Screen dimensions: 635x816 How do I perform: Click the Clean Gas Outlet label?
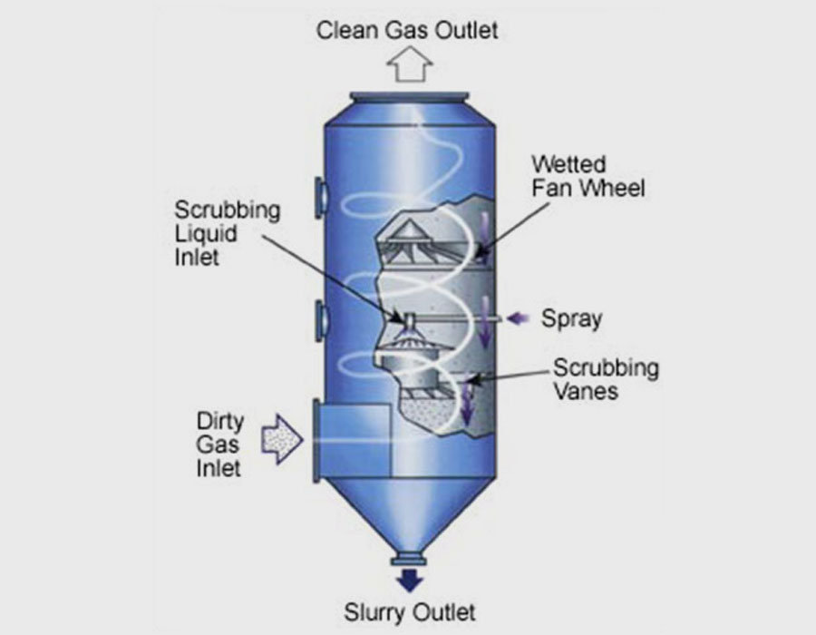(407, 30)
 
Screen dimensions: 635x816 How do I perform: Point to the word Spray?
(571, 319)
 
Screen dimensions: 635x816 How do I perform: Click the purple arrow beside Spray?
(519, 318)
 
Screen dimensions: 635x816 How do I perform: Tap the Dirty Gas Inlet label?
(219, 444)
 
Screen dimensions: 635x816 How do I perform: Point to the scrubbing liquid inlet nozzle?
(407, 317)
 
